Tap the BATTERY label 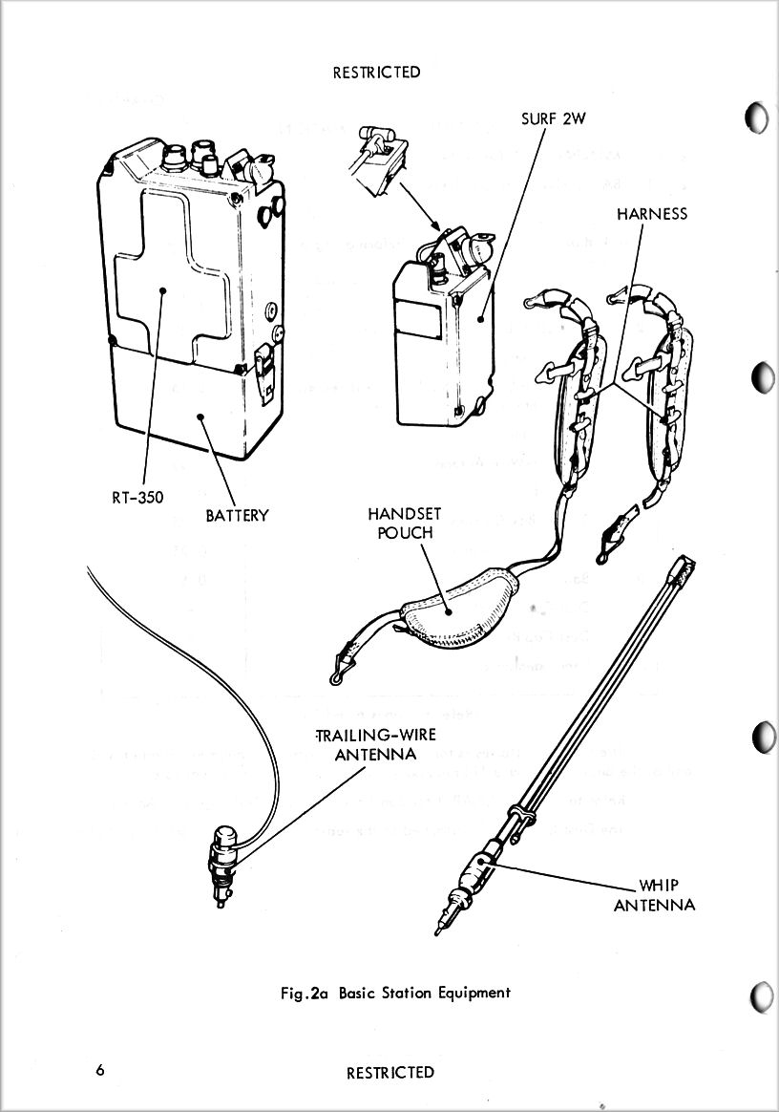(238, 516)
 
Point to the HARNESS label (652, 214)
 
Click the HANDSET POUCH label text (405, 523)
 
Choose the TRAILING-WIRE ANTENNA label (376, 745)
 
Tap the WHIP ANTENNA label (654, 894)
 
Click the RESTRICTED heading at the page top (376, 72)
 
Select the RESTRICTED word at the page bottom (389, 1073)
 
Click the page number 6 (100, 1070)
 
